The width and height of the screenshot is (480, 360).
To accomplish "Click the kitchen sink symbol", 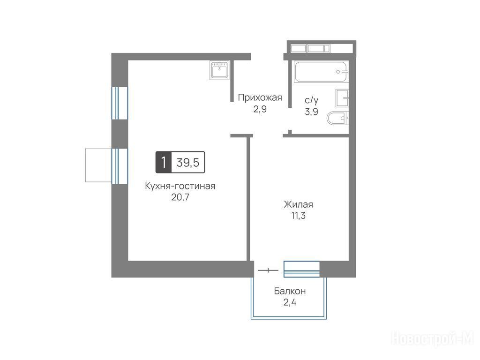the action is point(219,70).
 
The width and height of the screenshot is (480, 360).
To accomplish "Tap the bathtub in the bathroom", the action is point(321,72).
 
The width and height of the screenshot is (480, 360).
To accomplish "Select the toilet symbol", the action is point(337,118).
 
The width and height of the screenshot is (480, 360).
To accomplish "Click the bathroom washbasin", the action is point(342,98).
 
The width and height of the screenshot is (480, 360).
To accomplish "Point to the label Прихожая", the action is point(260,97).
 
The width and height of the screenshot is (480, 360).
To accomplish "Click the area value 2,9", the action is point(260,109).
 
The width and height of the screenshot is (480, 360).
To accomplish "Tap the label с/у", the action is point(311,100).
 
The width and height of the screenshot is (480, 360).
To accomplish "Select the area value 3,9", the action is point(311,112).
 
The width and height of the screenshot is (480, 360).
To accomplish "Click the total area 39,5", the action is point(188,162).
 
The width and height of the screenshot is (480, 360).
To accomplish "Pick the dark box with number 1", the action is point(164,162).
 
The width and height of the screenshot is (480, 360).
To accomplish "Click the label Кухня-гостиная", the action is point(180,186).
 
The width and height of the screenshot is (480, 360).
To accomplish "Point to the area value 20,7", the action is point(180,197).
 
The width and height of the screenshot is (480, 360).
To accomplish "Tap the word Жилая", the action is point(299,204).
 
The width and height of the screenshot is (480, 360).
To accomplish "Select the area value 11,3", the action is point(299,216).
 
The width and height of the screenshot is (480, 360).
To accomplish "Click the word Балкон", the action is point(290,291).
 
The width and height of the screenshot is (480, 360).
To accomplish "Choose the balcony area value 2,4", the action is point(290,302).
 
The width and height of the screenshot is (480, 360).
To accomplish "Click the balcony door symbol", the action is point(268,270).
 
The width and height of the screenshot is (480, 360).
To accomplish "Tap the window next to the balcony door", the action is point(301,269).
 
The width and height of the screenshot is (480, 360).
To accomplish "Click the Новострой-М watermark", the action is point(433,339).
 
